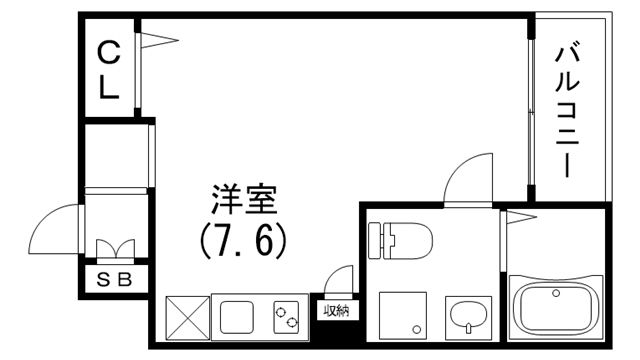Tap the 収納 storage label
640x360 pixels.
[x=335, y=310]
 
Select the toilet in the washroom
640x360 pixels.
[x=399, y=240]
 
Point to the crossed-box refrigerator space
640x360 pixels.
[x=185, y=316]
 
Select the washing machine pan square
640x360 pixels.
[x=403, y=315]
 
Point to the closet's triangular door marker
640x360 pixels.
[x=158, y=40]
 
